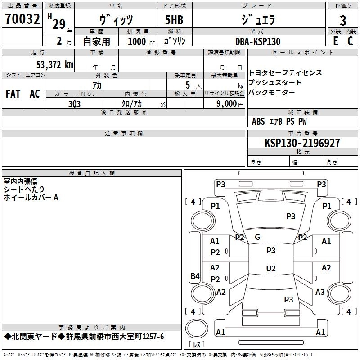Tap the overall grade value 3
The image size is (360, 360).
pyautogui.click(x=343, y=21)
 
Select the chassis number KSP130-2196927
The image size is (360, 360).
pyautogui.click(x=302, y=143)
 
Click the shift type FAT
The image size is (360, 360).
pyautogui.click(x=13, y=94)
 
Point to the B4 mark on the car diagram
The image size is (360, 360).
pyautogui.click(x=195, y=276)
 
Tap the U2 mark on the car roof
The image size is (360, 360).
pyautogui.click(x=271, y=269)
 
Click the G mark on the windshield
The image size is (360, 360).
pyautogui.click(x=257, y=237)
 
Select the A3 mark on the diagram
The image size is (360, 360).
pyautogui.click(x=320, y=292)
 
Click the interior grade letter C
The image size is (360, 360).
pyautogui.click(x=350, y=41)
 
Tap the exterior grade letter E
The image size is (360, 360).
pyautogui.click(x=335, y=41)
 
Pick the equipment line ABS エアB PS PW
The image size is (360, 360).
pyautogui.click(x=280, y=121)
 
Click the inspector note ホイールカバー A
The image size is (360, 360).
pyautogui.click(x=31, y=197)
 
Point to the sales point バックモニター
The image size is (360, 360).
pyautogui.click(x=272, y=92)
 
